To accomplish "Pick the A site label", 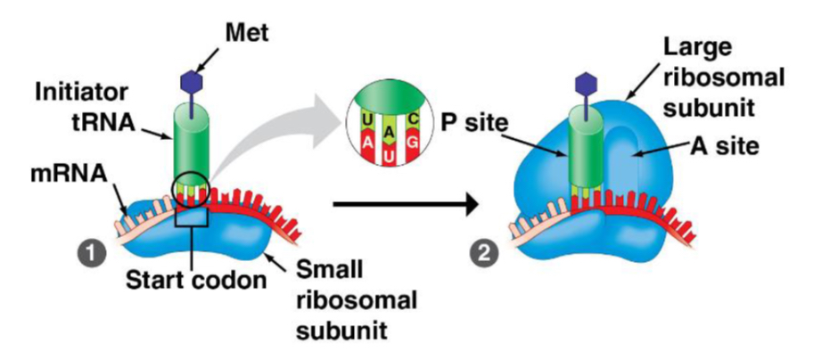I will pyautogui.click(x=722, y=145).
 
